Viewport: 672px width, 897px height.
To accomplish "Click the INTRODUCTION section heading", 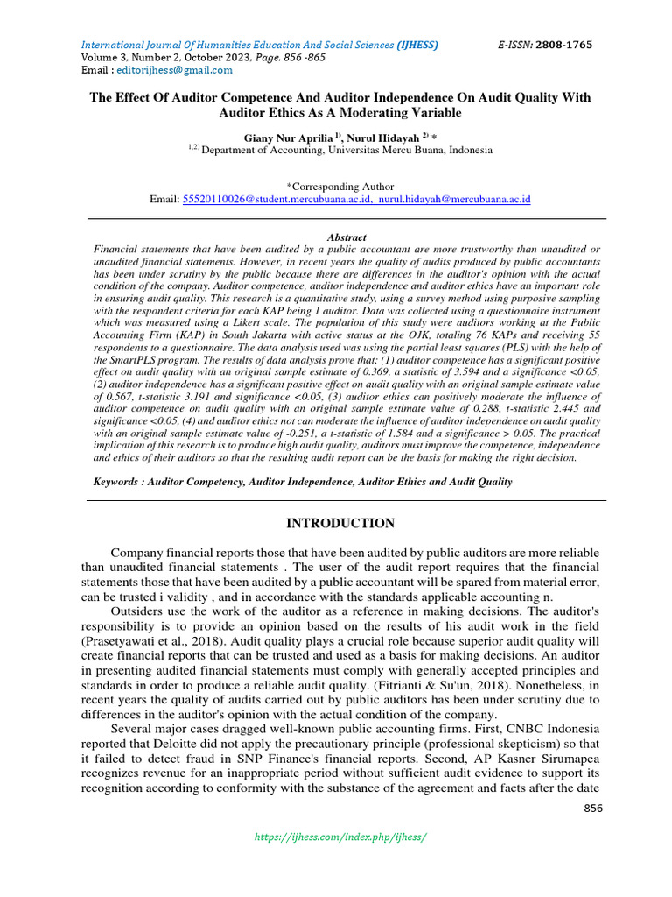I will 341,524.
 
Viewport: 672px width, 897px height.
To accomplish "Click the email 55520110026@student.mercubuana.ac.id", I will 268,200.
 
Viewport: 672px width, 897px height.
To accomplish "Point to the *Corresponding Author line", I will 340,187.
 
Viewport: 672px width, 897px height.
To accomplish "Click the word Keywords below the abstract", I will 118,482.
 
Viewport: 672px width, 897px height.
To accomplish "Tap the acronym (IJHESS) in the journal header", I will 417,45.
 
